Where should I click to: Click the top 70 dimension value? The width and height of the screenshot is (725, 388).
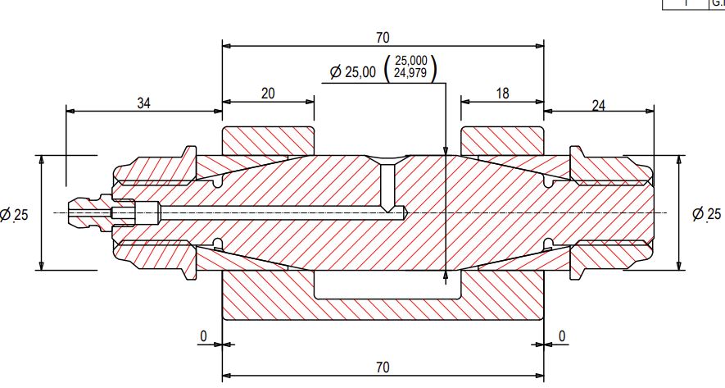(x=383, y=37)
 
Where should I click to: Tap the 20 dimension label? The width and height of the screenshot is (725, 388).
(x=268, y=93)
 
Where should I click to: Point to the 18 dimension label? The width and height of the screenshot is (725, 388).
(x=502, y=93)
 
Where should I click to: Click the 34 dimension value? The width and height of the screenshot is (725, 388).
(x=143, y=103)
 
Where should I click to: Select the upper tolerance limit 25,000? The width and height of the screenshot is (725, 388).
(x=410, y=62)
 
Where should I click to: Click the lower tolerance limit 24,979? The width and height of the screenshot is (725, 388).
(x=410, y=74)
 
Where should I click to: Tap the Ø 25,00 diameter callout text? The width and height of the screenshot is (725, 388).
(x=352, y=72)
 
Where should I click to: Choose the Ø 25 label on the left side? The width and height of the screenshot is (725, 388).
(x=15, y=215)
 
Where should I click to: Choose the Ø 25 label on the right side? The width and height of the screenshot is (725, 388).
(x=707, y=214)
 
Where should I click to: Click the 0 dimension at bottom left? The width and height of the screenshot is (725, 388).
(x=203, y=336)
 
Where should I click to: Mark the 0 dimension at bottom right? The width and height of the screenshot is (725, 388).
(x=562, y=336)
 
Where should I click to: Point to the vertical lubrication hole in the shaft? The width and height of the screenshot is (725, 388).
(x=388, y=185)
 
